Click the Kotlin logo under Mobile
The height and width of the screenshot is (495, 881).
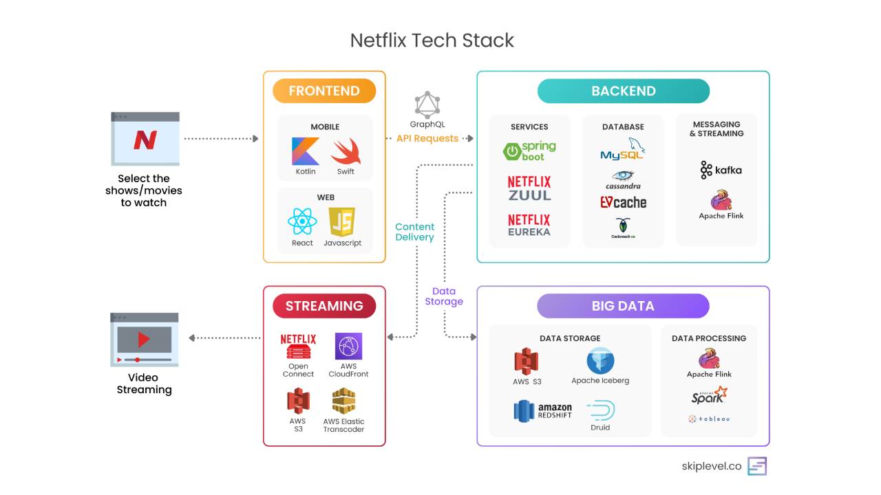305,151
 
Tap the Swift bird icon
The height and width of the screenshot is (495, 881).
346,151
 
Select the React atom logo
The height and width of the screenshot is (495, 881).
302,222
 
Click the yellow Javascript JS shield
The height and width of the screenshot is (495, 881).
342,222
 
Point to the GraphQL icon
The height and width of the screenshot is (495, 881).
427,104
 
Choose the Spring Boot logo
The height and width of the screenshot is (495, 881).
529,151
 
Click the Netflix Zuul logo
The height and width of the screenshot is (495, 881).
529,188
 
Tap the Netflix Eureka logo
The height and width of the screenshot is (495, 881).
529,225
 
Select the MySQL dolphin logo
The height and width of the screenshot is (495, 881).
623,150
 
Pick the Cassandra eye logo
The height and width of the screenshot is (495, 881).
623,179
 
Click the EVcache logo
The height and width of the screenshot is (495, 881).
623,202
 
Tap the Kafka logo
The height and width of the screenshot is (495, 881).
721,170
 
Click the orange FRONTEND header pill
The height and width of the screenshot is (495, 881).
324,91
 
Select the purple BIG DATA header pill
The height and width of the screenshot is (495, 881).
623,306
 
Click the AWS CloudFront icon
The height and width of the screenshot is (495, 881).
348,346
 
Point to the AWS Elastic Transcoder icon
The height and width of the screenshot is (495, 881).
343,401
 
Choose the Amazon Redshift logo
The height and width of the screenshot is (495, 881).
543,411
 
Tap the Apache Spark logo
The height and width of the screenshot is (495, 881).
709,395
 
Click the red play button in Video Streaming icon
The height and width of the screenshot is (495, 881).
144,339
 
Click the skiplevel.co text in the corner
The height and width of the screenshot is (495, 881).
711,466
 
